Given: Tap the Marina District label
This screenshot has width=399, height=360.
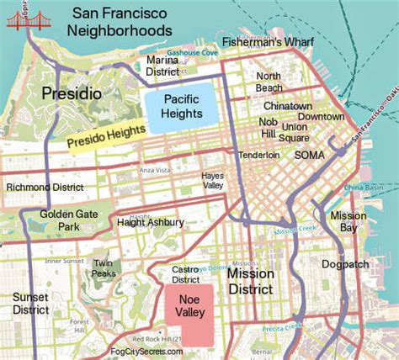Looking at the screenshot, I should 162,66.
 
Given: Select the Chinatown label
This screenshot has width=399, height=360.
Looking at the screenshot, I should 288,107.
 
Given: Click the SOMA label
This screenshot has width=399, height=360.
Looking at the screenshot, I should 308,155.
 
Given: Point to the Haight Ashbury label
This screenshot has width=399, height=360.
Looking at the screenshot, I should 152,222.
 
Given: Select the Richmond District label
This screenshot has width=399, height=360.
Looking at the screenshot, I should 47,187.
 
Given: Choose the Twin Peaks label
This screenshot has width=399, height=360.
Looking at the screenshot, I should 104,268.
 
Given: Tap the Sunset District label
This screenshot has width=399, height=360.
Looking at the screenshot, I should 32,304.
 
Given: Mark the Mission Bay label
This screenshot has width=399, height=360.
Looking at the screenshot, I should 348,221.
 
